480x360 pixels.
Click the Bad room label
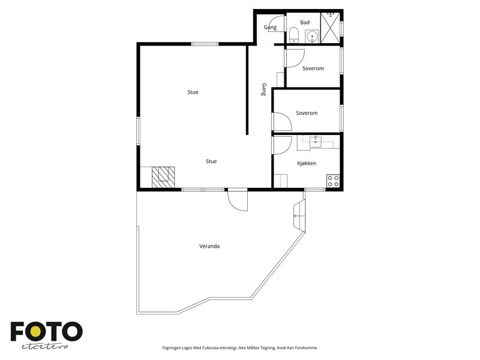click(305, 22)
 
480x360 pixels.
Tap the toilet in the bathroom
click(294, 35)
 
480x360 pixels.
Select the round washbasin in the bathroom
click(312, 37)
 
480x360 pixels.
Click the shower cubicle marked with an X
click(330, 28)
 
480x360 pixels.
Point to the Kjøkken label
click(307, 163)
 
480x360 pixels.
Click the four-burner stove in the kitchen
click(333, 181)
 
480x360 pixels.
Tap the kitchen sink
click(316, 142)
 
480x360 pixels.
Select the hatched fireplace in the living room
click(163, 177)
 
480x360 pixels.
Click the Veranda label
click(209, 246)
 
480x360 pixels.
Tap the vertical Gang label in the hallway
click(264, 89)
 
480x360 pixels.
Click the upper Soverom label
click(313, 68)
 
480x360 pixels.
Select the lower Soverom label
click(307, 113)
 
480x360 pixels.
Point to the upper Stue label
click(193, 92)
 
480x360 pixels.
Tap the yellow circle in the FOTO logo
click(36, 331)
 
